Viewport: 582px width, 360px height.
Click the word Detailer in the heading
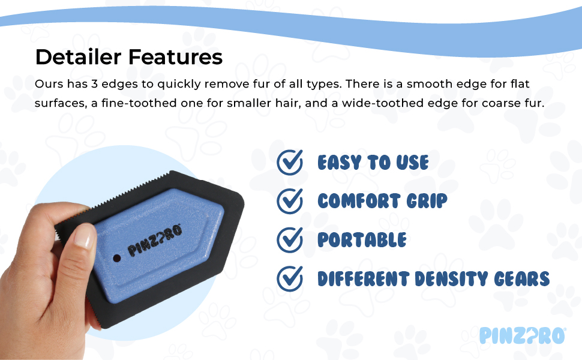[79, 57]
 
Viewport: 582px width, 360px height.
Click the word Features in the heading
[176, 57]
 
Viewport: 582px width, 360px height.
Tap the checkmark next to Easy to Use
[290, 162]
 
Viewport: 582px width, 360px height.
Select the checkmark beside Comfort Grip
[290, 201]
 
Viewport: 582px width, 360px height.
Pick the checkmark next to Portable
[290, 240]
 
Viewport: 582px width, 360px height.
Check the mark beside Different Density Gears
[290, 279]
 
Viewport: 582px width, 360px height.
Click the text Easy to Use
[373, 163]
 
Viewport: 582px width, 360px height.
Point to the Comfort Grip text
[382, 201]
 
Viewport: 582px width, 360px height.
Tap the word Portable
[362, 240]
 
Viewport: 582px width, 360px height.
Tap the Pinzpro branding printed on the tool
[155, 240]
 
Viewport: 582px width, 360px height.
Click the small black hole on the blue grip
[117, 258]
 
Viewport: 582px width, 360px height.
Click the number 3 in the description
[94, 84]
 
